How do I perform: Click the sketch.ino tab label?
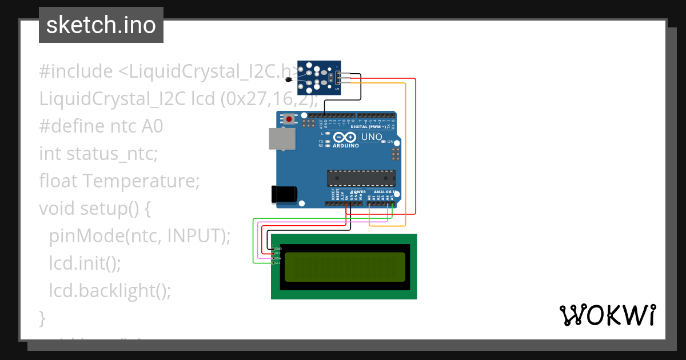[101, 25]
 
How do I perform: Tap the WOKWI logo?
[607, 315]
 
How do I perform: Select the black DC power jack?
[285, 194]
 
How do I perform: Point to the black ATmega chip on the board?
[361, 178]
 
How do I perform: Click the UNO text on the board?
[372, 137]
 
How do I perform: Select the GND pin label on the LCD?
[278, 249]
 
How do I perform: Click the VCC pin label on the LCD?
[278, 254]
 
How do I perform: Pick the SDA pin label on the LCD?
[278, 258]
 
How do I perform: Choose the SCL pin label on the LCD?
[278, 263]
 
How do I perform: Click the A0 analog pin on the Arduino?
[370, 203]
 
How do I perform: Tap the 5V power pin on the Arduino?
[346, 203]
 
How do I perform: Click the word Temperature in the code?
[141, 181]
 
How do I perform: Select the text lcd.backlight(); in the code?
[110, 290]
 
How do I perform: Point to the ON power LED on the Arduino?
[389, 142]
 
